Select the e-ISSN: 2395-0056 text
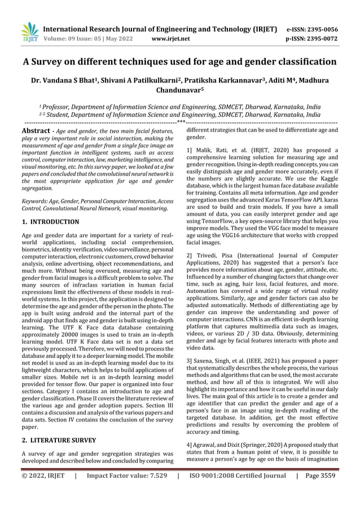pyautogui.click(x=321, y=29)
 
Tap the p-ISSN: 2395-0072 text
pyautogui.click(x=321, y=39)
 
